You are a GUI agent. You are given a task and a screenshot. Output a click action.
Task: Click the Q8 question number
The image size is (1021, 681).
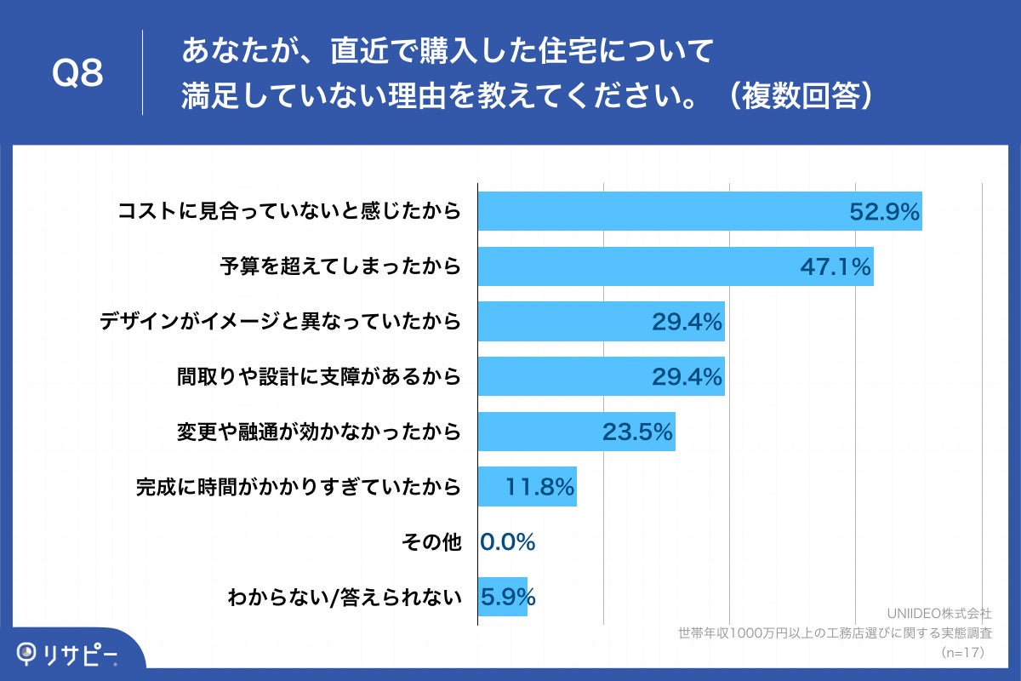pyautogui.click(x=77, y=73)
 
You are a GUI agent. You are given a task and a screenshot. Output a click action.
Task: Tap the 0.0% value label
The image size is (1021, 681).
pyautogui.click(x=508, y=541)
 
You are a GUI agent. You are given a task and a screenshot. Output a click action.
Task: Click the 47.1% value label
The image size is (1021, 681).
pyautogui.click(x=836, y=267)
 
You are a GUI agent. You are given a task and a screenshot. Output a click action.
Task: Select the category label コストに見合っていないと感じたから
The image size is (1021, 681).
pyautogui.click(x=289, y=211)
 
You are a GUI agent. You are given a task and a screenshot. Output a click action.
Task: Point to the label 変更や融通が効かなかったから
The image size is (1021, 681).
pyautogui.click(x=319, y=432)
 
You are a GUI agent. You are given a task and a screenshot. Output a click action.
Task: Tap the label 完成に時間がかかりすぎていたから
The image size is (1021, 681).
pyautogui.click(x=299, y=487)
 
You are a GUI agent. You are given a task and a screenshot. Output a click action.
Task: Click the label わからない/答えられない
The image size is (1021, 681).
pyautogui.click(x=344, y=597)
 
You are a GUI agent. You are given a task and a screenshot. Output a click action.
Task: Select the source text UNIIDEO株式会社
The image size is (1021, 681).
pyautogui.click(x=938, y=613)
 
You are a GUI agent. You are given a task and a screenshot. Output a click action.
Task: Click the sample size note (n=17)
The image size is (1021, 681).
pyautogui.click(x=963, y=653)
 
